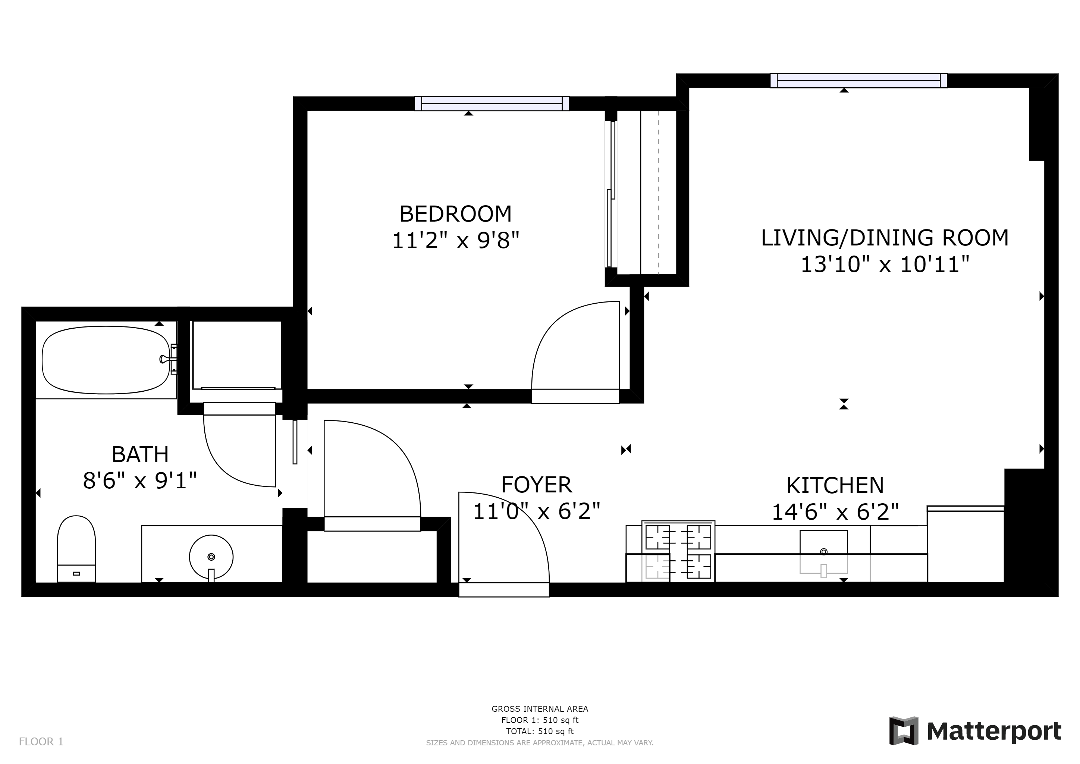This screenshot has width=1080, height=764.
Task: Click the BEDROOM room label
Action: (x=455, y=214)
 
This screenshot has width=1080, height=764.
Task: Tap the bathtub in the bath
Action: (x=106, y=360)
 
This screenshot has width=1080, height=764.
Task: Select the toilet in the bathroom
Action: (x=76, y=548)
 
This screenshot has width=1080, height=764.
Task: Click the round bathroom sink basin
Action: (x=211, y=557)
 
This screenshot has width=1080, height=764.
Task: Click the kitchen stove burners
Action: (x=678, y=551)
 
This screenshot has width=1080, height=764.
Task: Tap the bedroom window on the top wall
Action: (x=492, y=103)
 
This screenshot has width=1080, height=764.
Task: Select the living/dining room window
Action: (x=858, y=81)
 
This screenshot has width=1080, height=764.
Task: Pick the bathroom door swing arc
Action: (x=226, y=466)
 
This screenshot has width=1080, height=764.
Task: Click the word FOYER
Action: (x=536, y=485)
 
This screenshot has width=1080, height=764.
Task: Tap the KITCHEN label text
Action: (x=835, y=485)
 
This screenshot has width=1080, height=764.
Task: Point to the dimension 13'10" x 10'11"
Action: (x=885, y=264)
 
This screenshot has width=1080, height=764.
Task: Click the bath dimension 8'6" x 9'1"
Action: (x=140, y=481)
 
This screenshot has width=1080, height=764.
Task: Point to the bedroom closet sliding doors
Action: (x=611, y=194)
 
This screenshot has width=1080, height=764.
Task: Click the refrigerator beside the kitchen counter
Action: (x=965, y=544)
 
